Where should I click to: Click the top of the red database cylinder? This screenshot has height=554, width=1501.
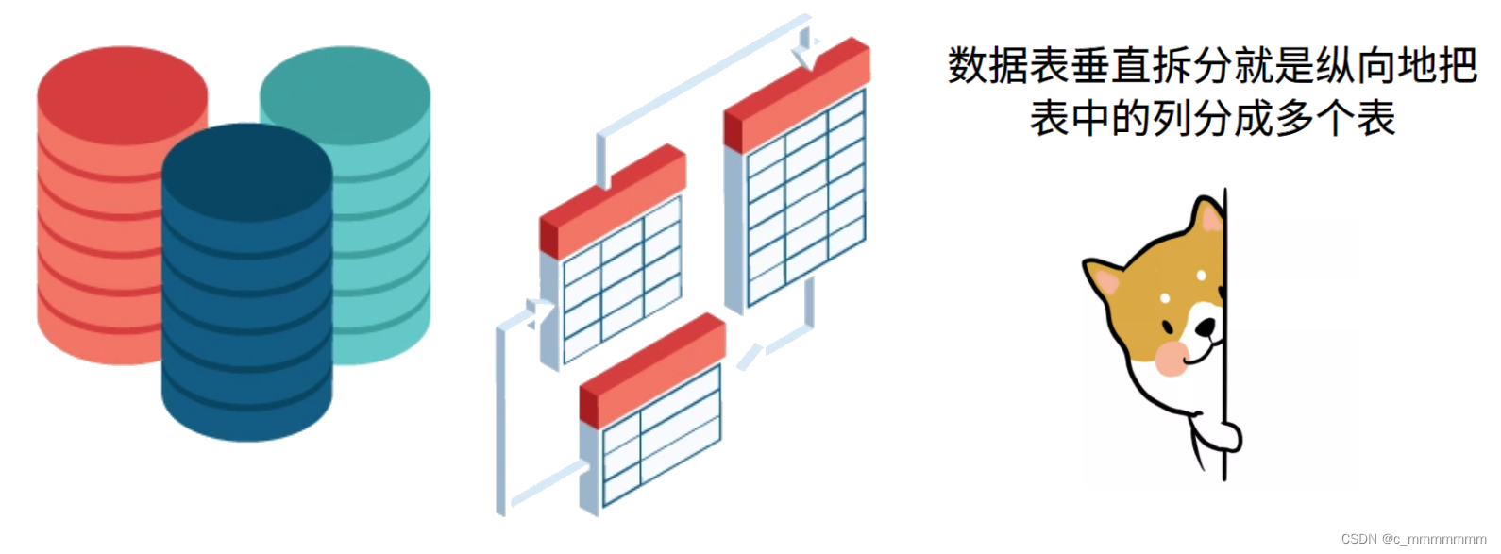(122, 94)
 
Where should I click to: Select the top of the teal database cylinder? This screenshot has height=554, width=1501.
(345, 94)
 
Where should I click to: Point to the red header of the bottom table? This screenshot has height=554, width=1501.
(652, 369)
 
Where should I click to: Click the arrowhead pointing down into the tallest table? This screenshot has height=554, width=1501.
(805, 57)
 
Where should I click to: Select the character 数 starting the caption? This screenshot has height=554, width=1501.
(968, 66)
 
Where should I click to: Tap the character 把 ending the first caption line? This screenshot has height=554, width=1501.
(1457, 66)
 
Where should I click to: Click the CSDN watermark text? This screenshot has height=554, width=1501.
(1413, 539)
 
